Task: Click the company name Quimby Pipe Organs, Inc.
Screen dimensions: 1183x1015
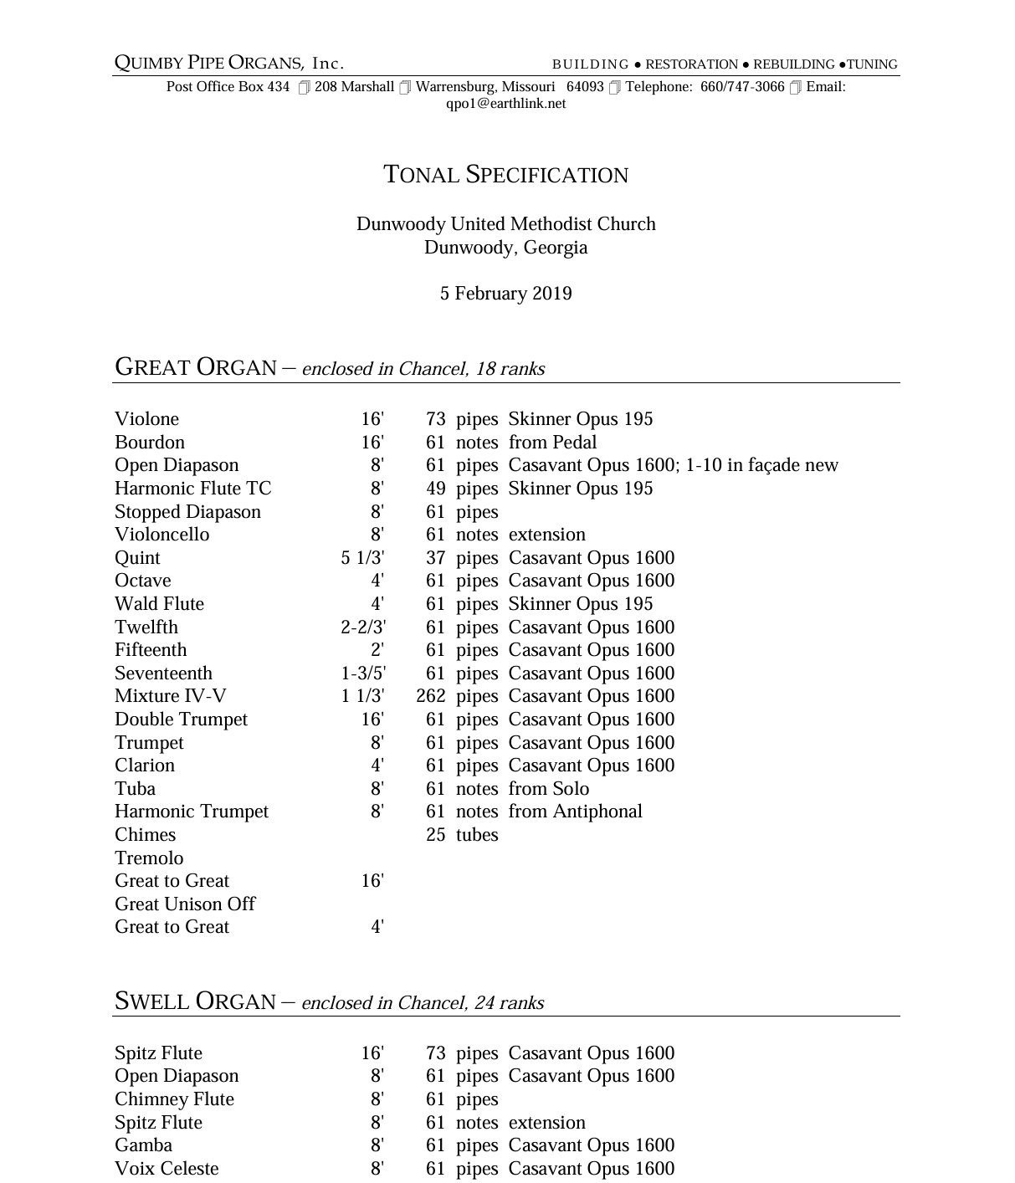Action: pos(229,64)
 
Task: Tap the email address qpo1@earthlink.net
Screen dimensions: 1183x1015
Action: pos(505,104)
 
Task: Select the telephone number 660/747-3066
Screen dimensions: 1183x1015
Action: pos(742,87)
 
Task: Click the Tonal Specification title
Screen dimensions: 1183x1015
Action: pos(505,175)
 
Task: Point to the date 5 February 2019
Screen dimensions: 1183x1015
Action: pos(505,294)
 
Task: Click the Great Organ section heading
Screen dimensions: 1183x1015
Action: pos(196,367)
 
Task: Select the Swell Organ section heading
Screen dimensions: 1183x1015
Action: pos(195,1001)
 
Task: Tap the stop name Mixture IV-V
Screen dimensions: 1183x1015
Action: pos(170,696)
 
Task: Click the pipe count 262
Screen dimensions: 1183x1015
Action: pos(431,696)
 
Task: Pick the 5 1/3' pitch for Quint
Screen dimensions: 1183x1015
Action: pos(362,558)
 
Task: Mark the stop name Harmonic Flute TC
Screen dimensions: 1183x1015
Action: pos(192,489)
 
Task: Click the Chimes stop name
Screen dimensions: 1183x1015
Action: pos(145,835)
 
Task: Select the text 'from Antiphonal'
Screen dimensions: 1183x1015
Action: pos(575,812)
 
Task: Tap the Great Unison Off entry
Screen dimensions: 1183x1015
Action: pos(184,904)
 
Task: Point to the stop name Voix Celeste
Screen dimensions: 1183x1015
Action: pos(167,1169)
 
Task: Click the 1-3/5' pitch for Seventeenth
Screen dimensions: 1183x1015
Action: pos(363,673)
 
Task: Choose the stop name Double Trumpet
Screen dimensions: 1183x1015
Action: pos(181,720)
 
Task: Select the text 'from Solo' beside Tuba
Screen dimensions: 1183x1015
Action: pos(548,789)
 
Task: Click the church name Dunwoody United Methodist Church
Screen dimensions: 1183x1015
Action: pos(505,224)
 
